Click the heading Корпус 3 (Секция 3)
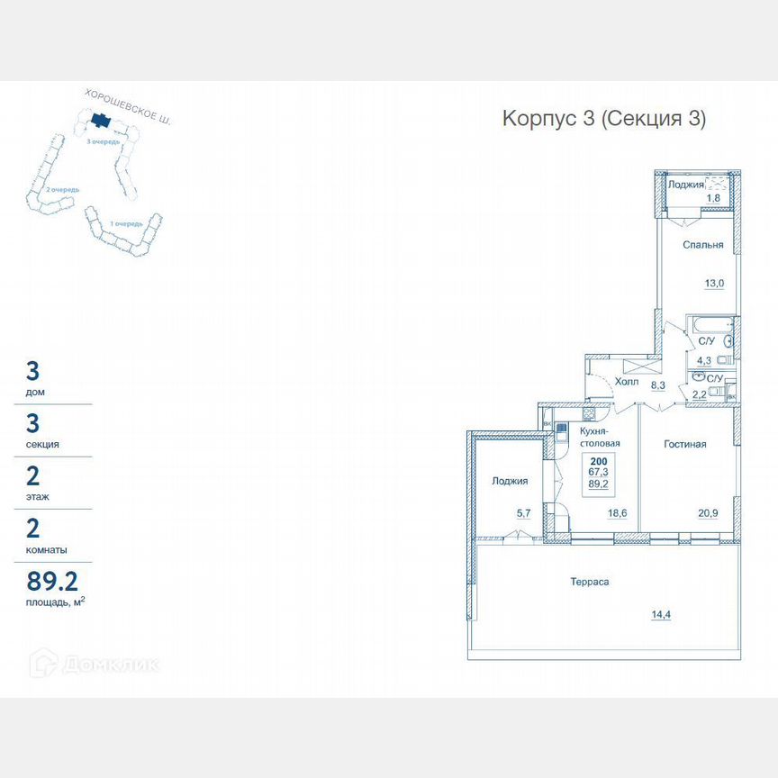click(x=603, y=119)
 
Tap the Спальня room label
click(x=702, y=245)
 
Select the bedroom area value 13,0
click(x=714, y=283)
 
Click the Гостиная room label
click(x=684, y=444)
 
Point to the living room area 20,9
click(x=709, y=513)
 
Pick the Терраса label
click(x=591, y=582)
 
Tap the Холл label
click(x=626, y=382)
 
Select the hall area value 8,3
click(x=657, y=385)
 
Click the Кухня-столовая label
click(x=599, y=439)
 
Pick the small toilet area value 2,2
click(x=700, y=394)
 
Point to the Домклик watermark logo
click(x=95, y=665)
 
